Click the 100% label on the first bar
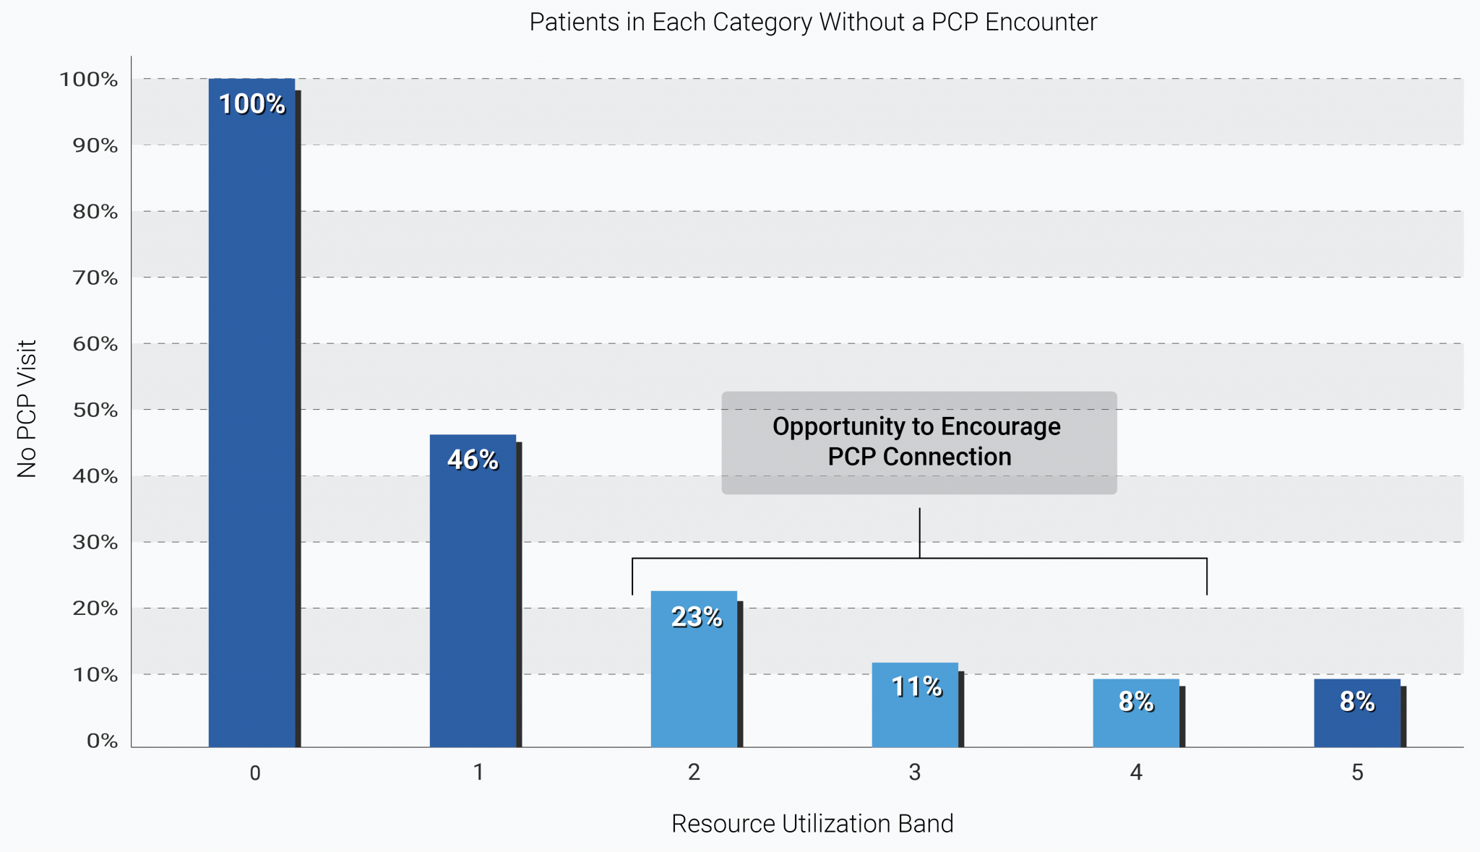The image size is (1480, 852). pos(251,104)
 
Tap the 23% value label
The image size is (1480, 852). pos(696,617)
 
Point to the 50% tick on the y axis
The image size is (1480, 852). pos(95,410)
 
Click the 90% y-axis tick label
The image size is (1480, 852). pos(95,146)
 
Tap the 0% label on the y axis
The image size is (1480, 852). pos(102,741)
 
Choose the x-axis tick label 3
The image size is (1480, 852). pos(915,773)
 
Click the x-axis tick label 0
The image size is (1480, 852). pos(255,773)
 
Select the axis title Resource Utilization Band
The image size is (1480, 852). pos(812,824)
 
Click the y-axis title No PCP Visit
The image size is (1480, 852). pos(27,409)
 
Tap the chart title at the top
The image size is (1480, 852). pos(813,22)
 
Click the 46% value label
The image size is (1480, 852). pos(473,460)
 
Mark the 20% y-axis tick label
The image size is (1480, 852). pos(95,608)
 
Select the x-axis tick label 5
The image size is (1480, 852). pos(1357,773)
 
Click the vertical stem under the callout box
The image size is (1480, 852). pos(919,533)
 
